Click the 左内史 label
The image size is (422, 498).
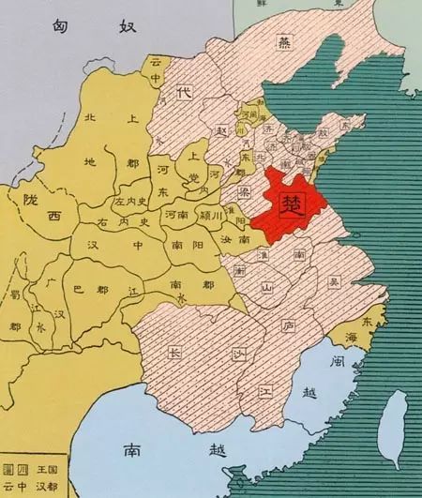click(x=130, y=202)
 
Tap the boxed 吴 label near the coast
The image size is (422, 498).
click(x=334, y=280)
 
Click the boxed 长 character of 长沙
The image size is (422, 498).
click(x=173, y=354)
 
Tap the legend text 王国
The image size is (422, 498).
click(x=38, y=467)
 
